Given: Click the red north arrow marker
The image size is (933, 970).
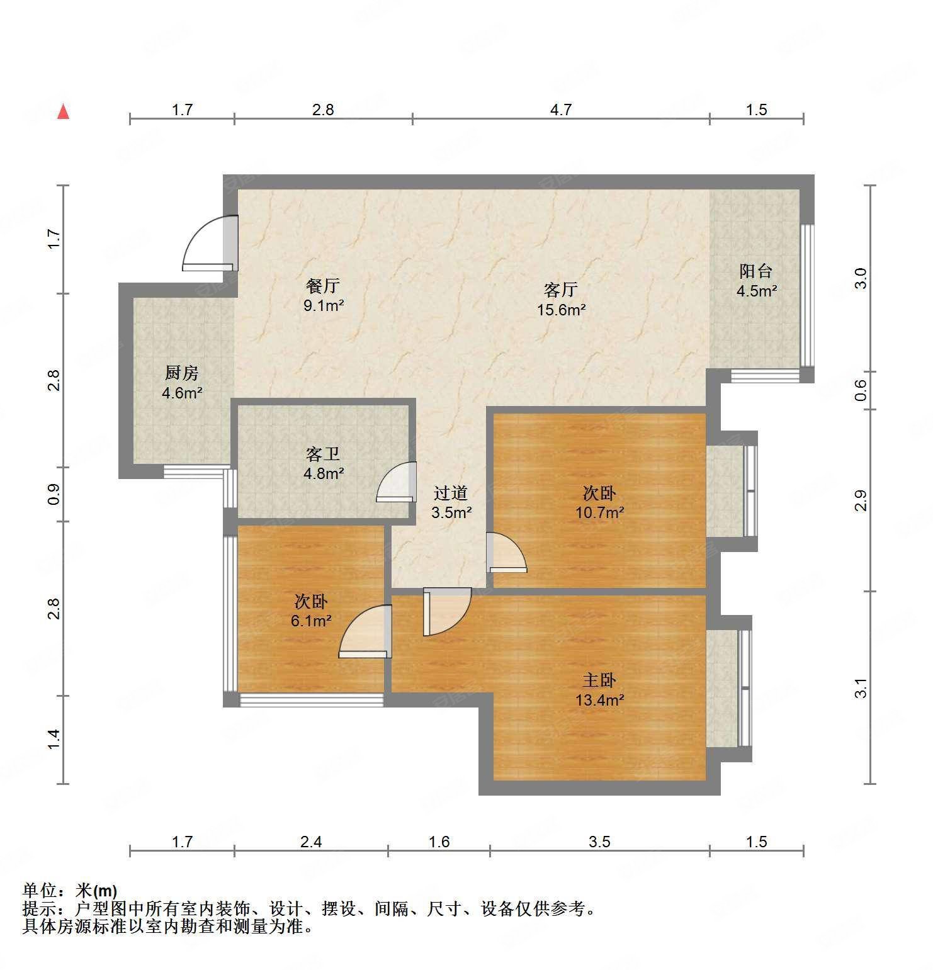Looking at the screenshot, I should click(63, 112).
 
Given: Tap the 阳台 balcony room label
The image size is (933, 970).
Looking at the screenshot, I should click(755, 271).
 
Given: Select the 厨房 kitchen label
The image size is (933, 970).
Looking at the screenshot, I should click(182, 373).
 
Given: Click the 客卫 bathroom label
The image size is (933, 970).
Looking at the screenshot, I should click(323, 454).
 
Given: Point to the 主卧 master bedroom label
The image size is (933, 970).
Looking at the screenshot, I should click(599, 680).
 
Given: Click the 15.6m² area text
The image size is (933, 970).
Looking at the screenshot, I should click(562, 310).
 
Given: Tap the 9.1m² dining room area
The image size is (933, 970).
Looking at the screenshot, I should click(324, 306).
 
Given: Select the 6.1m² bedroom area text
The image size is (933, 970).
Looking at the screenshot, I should click(311, 621).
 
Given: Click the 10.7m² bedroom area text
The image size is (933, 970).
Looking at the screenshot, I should click(599, 512).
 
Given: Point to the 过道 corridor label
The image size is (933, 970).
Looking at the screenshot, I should click(451, 493).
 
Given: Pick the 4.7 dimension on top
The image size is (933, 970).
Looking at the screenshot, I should click(560, 110).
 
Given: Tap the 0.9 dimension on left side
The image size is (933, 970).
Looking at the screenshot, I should click(54, 494).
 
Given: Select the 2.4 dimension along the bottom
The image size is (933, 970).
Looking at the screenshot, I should click(310, 842).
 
